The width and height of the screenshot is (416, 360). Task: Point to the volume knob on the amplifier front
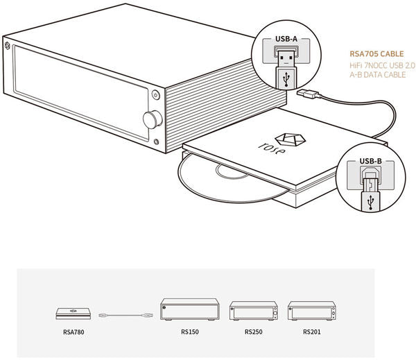tap(150, 120)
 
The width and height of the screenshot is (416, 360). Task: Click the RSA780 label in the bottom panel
tap(71, 332)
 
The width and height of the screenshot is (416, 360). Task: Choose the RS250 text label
tap(254, 332)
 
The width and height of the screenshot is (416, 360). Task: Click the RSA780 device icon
tap(71, 314)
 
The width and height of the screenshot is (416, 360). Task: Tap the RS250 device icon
tap(254, 312)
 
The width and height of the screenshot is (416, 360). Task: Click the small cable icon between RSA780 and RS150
tap(124, 315)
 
